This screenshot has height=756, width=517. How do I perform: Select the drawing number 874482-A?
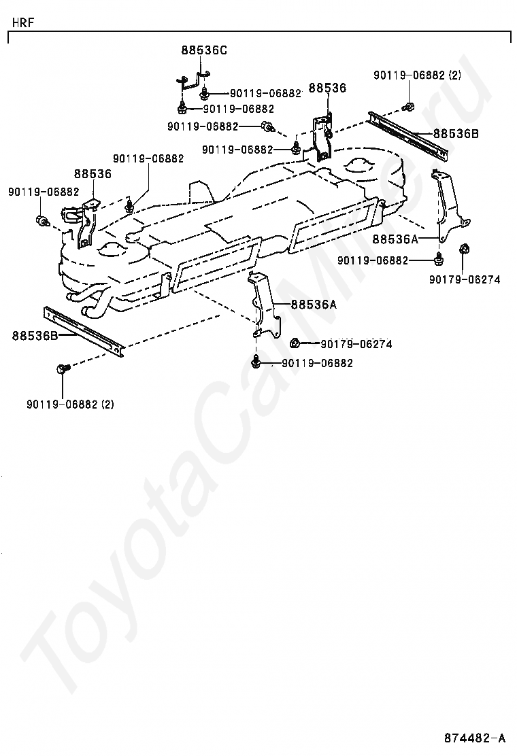(x=475, y=738)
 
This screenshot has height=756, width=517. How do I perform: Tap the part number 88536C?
(x=204, y=50)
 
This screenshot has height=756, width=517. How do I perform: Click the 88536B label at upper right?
(x=456, y=133)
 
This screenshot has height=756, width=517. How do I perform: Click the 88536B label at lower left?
(x=35, y=336)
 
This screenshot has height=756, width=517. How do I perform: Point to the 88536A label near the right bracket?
(x=395, y=239)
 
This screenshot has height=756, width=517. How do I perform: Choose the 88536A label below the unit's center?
(x=314, y=305)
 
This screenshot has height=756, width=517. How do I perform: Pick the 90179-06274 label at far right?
(x=465, y=279)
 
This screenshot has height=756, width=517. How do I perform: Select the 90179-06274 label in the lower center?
(x=356, y=344)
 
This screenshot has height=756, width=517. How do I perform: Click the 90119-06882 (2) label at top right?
(x=417, y=75)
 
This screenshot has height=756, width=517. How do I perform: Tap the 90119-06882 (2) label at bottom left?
(x=71, y=404)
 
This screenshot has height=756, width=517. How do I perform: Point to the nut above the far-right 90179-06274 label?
(x=464, y=250)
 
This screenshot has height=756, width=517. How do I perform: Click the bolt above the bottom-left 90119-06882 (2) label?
(x=63, y=369)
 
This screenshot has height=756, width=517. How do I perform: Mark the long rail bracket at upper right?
(x=408, y=136)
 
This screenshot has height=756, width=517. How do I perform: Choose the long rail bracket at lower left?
(x=84, y=331)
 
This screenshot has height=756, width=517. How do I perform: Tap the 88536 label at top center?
(x=327, y=88)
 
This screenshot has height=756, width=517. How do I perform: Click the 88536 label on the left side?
(x=93, y=173)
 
